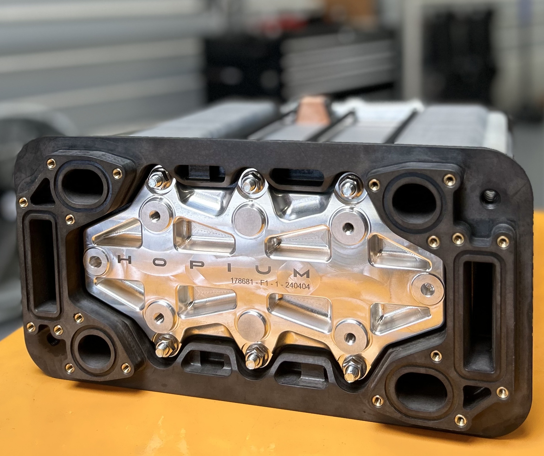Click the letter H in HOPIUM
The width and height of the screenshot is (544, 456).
124,260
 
